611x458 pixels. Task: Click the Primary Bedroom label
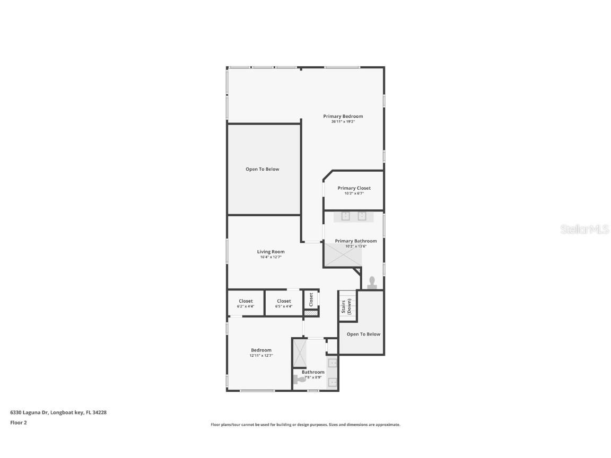[x=343, y=116]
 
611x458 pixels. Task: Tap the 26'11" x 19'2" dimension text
[x=343, y=122]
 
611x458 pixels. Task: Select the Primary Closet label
[x=354, y=188]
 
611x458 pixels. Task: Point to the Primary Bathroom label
[x=356, y=241]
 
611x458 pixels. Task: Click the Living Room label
[x=270, y=252]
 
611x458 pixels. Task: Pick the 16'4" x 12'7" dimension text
[x=270, y=257]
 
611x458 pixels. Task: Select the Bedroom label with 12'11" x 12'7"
[x=261, y=350]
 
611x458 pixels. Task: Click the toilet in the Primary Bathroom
[x=372, y=282]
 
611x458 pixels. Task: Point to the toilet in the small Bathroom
[x=296, y=379]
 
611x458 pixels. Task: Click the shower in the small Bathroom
[x=300, y=353]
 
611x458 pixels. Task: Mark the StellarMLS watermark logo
[x=584, y=229]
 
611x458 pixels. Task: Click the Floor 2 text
[x=18, y=422]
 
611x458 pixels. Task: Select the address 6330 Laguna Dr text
[x=58, y=412]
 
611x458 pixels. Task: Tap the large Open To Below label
[x=262, y=169]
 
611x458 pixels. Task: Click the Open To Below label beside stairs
[x=363, y=334]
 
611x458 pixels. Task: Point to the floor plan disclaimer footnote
[x=305, y=425]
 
